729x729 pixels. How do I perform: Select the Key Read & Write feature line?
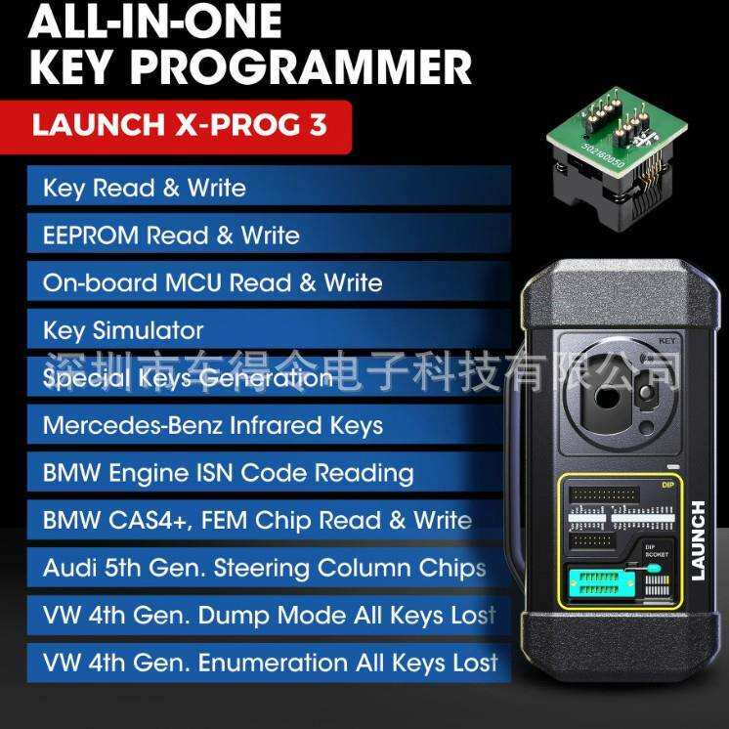(x=144, y=188)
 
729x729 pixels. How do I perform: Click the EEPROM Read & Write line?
(x=171, y=236)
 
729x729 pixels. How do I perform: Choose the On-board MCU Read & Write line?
(x=212, y=282)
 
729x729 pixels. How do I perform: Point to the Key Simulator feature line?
(x=123, y=330)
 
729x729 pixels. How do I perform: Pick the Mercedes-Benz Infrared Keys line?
(x=212, y=425)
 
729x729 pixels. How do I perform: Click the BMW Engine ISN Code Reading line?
(x=228, y=473)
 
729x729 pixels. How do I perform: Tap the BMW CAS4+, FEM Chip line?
(x=257, y=520)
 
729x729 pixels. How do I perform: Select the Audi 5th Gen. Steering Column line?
(x=264, y=568)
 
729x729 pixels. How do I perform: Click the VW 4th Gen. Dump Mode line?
(x=269, y=616)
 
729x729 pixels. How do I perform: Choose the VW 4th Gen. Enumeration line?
(x=271, y=663)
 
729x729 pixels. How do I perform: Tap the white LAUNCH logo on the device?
(x=698, y=540)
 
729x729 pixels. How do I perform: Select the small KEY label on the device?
(x=668, y=340)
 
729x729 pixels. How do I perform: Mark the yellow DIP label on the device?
(x=668, y=483)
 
